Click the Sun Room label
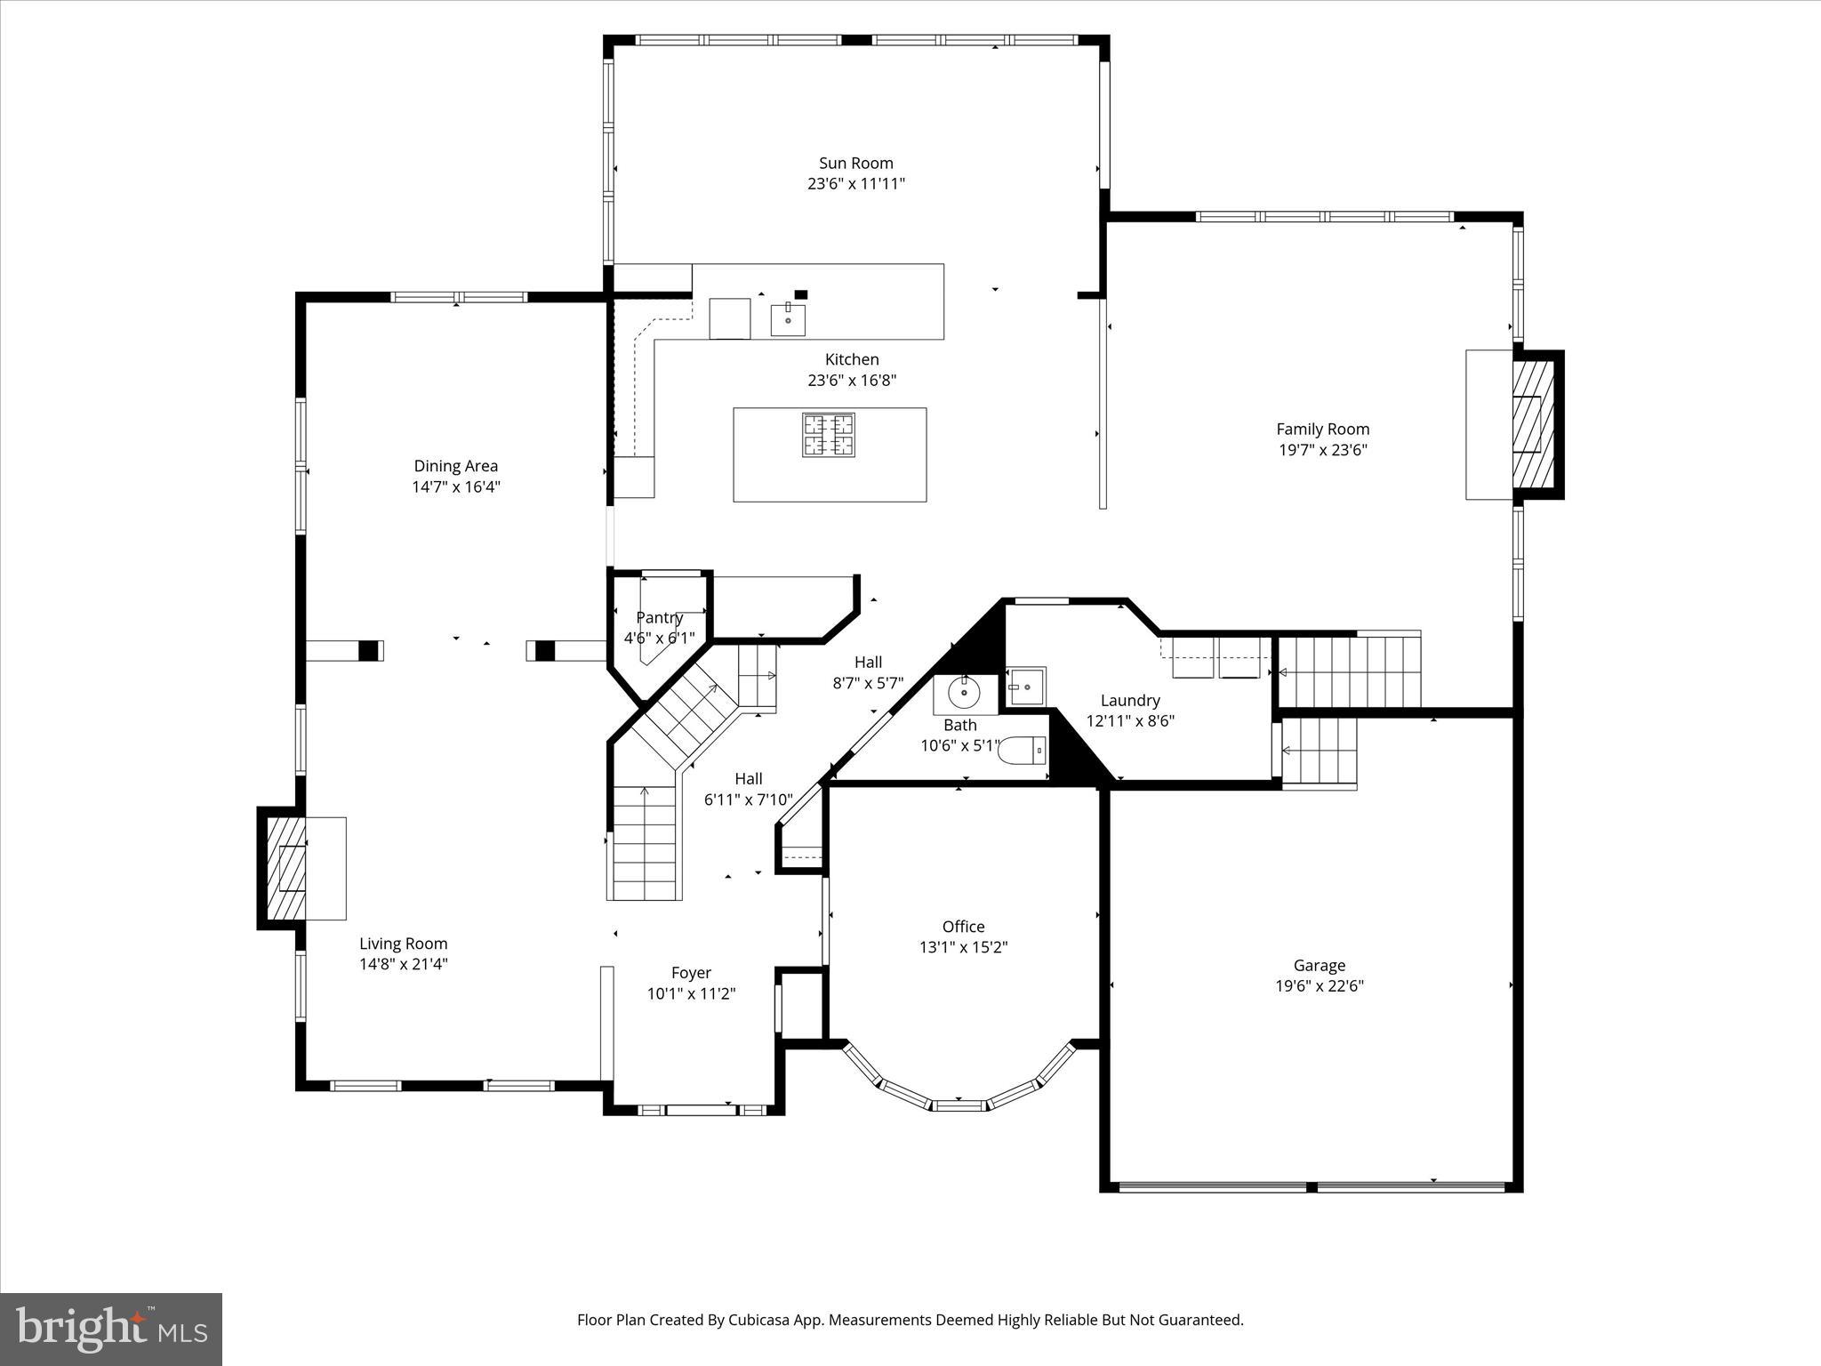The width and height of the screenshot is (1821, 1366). tap(855, 163)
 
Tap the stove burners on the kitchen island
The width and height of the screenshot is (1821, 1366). tap(829, 435)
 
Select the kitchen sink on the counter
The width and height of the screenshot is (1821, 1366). tap(788, 319)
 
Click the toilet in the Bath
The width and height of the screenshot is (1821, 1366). tap(1023, 751)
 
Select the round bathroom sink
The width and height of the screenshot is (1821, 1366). tap(964, 692)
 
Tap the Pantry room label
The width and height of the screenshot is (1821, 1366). tap(659, 617)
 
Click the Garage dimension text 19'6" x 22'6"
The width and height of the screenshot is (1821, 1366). tap(1319, 985)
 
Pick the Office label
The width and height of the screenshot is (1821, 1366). tap(963, 927)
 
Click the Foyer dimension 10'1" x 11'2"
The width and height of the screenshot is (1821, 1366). tap(691, 993)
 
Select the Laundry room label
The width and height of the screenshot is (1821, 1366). tap(1130, 701)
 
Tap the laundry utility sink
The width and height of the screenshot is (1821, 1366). tap(1028, 687)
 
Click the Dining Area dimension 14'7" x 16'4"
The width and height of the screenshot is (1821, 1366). tap(455, 486)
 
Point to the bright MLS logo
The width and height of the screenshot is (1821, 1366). tap(111, 1329)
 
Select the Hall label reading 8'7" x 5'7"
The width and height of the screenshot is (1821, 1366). tap(868, 683)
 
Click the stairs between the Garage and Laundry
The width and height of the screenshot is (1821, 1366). tap(1320, 751)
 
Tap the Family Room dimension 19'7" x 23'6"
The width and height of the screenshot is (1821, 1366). tap(1322, 450)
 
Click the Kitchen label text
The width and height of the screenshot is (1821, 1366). tap(852, 359)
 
